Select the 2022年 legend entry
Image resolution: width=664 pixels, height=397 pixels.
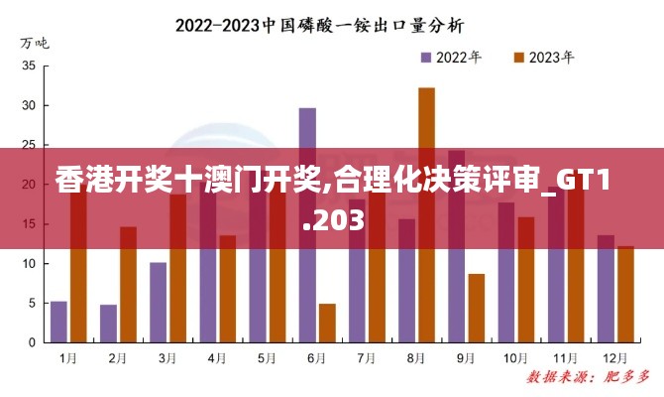click(x=452, y=57)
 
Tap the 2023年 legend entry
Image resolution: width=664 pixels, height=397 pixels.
click(x=543, y=57)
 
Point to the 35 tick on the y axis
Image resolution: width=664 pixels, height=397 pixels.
click(x=29, y=66)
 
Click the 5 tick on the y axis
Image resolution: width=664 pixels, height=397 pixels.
click(x=32, y=303)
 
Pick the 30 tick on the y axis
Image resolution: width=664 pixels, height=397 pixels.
click(x=29, y=105)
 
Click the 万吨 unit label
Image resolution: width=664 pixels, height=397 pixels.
click(x=34, y=43)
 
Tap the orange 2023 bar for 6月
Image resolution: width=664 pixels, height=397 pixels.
click(x=327, y=323)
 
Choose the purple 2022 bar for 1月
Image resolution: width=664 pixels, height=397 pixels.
click(x=58, y=322)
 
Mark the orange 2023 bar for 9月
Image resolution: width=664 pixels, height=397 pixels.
click(x=476, y=308)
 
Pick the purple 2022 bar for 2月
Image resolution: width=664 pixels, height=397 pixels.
click(x=108, y=324)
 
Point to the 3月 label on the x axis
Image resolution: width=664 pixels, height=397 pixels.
click(x=167, y=357)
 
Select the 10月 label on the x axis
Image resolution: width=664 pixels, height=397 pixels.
click(x=514, y=357)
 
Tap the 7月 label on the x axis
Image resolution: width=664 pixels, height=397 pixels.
click(x=366, y=357)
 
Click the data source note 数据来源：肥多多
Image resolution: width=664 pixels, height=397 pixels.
click(x=588, y=378)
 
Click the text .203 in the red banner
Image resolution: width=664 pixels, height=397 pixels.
click(x=332, y=224)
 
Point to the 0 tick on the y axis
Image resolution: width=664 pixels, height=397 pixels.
click(x=32, y=342)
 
